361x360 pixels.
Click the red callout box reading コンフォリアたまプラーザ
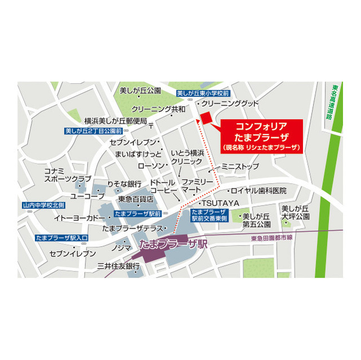tap(261, 135)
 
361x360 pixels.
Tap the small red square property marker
tap(205, 117)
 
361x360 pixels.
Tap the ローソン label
tap(150, 166)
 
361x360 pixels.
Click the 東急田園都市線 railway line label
tap(273, 238)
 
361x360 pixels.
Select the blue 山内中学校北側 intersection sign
tap(44, 205)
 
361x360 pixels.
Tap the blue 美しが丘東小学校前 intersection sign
tap(202, 93)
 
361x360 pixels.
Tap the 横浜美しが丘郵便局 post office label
tap(116, 121)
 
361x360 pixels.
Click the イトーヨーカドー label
tap(80, 218)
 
